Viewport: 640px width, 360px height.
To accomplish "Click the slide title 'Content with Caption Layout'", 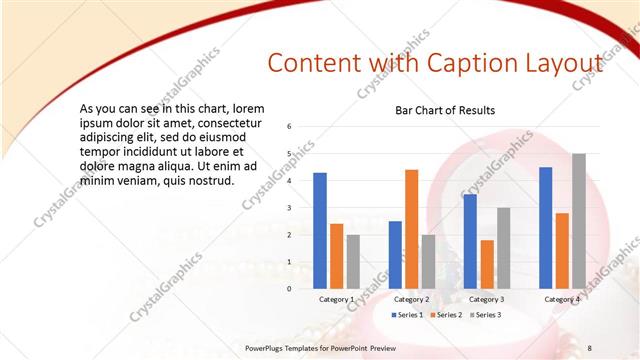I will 435,63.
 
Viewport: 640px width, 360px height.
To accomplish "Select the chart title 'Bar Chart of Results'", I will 445,110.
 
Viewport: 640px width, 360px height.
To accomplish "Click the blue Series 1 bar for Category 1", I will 320,230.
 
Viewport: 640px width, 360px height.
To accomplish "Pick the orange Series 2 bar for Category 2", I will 412,229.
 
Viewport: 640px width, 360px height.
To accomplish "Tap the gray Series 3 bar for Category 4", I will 578,221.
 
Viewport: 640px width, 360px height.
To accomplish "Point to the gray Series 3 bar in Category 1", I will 353,261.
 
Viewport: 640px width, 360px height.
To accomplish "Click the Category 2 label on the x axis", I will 412,299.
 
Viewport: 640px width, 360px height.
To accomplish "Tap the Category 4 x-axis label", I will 562,299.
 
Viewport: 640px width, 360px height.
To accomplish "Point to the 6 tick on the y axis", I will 288,127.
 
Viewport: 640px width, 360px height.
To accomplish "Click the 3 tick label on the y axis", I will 288,208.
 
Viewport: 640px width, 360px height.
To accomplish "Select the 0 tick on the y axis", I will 288,289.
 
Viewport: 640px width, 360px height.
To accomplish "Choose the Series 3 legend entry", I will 485,315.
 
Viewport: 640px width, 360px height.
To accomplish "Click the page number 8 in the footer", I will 589,347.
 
